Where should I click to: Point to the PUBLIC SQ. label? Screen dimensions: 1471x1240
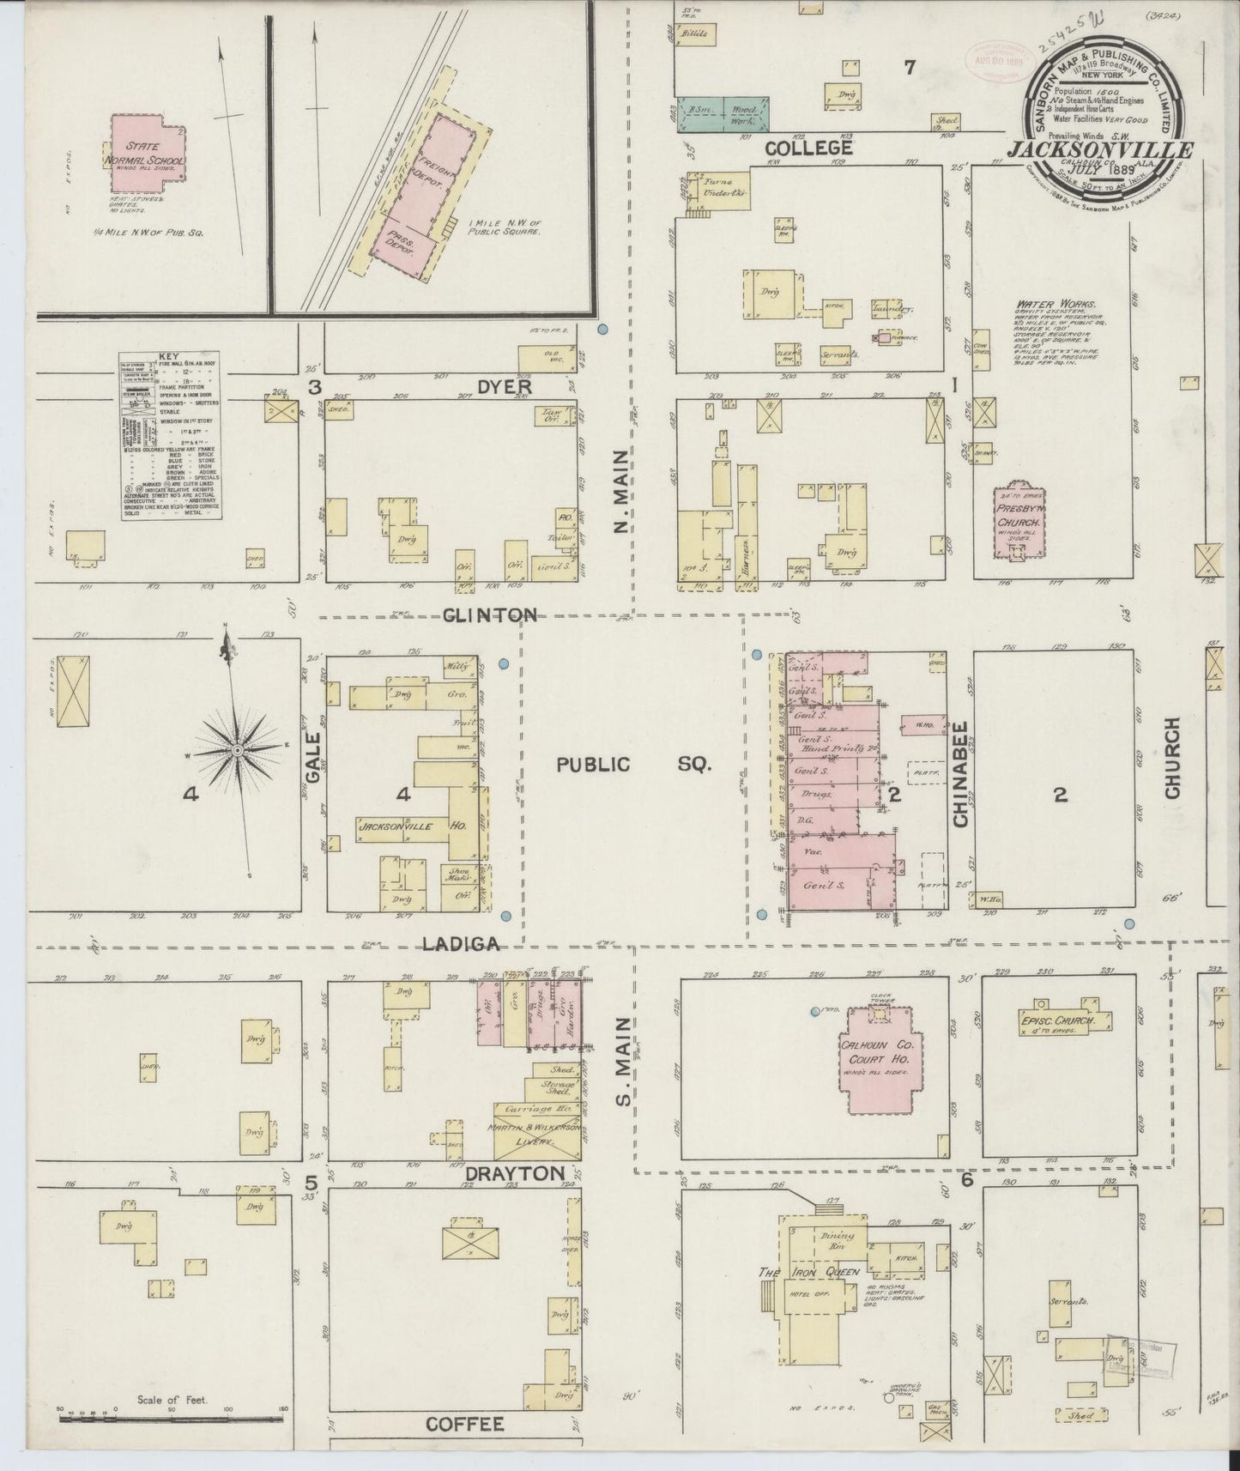tap(633, 765)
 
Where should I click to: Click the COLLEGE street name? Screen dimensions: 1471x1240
tap(809, 148)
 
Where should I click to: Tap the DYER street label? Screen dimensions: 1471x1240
tap(506, 387)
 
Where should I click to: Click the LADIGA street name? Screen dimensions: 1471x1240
tap(462, 944)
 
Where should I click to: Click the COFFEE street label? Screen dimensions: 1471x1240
tap(464, 1424)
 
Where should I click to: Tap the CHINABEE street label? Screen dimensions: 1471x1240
tap(960, 774)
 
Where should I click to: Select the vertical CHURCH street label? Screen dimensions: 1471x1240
tap(1172, 759)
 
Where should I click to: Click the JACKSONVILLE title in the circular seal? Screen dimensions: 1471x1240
tap(1101, 148)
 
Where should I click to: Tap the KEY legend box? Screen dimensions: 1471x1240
tap(171, 437)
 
